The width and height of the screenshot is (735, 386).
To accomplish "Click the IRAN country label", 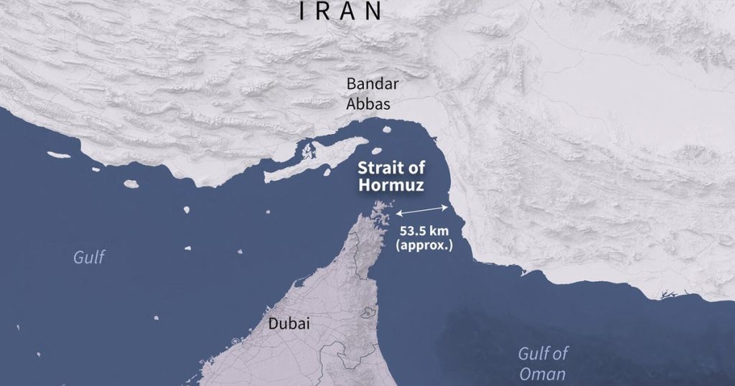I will pos(340,11).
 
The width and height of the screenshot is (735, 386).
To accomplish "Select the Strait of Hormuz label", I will pos(392,176).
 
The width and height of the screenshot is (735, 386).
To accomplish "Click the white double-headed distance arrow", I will pos(423,210).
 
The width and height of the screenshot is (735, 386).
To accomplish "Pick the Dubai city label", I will pos(289,324).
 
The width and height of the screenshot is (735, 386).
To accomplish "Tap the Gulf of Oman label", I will pos(543,363).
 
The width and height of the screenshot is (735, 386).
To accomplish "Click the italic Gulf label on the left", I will pos(90,257).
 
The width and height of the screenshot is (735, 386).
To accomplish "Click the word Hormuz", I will pos(392,184).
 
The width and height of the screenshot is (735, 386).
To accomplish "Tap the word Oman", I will pos(543,374).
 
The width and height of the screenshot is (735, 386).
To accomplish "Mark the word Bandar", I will pos(373,84).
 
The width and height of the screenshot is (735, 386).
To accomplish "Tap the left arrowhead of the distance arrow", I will pos(398,213).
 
